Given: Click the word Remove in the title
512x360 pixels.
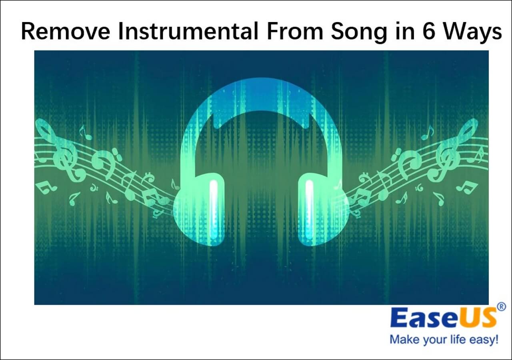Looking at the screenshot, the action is coord(65,31).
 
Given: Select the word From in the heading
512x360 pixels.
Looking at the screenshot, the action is coord(295,31).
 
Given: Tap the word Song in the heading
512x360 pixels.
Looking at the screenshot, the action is coord(359,32).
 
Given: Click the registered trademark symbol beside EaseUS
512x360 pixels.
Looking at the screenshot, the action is coord(501,307).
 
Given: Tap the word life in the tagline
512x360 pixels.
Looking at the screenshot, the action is coord(458,339).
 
